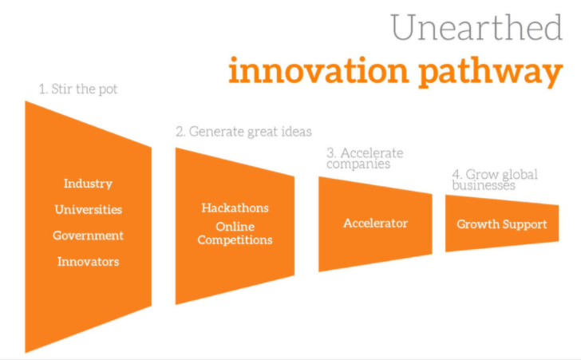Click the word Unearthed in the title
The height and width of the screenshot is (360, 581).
tap(477, 29)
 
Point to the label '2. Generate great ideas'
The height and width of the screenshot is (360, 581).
tap(243, 132)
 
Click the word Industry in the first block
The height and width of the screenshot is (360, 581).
tap(88, 184)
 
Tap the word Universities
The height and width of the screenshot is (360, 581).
tap(88, 210)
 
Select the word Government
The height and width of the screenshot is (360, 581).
tap(88, 235)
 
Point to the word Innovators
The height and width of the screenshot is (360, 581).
tap(88, 261)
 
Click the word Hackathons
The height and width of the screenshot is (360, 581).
tap(235, 208)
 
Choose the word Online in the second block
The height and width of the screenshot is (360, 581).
tap(235, 227)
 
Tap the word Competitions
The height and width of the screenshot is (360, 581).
tap(235, 239)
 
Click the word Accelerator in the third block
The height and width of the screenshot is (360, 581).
tap(375, 224)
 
